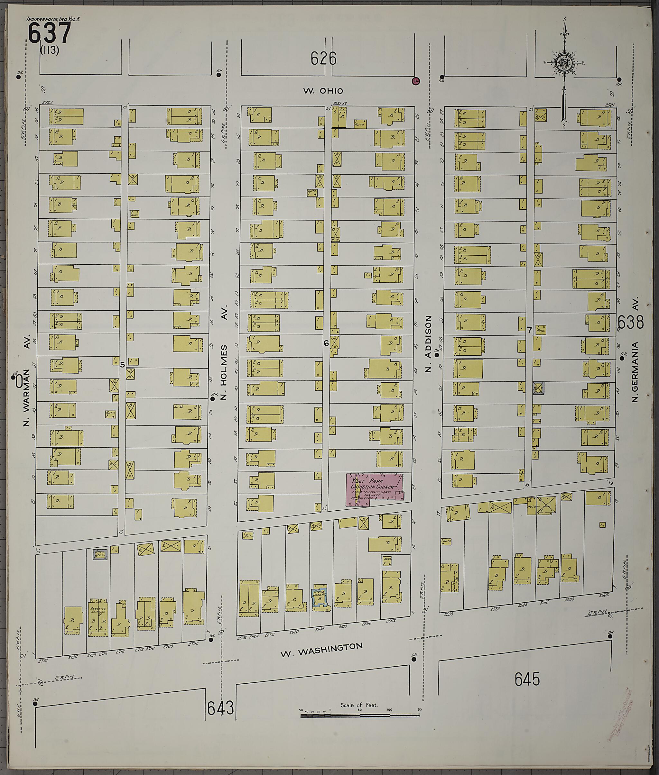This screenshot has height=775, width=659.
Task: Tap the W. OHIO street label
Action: (x=323, y=91)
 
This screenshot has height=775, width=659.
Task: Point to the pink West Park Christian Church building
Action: (x=374, y=489)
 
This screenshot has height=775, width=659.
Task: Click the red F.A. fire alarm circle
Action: (x=415, y=81)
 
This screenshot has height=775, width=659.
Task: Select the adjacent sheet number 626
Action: (x=323, y=59)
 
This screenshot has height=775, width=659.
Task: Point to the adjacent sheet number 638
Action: (x=631, y=322)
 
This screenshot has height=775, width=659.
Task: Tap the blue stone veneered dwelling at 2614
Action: (x=320, y=598)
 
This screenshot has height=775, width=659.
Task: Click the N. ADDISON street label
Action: (x=428, y=343)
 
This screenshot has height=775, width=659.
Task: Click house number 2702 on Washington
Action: (x=193, y=643)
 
